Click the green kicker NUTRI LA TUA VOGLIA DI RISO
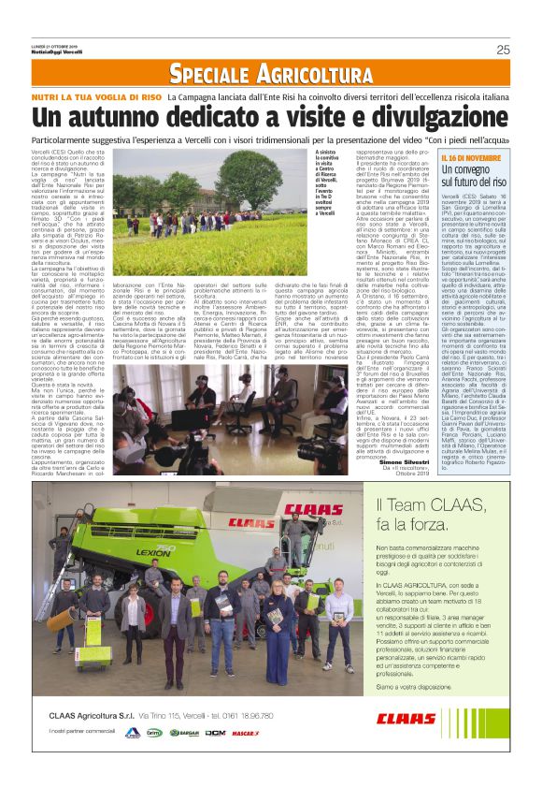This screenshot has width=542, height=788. coord(110,95)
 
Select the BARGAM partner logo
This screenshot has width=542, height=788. coord(184,733)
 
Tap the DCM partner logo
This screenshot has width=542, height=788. coord(215,733)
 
